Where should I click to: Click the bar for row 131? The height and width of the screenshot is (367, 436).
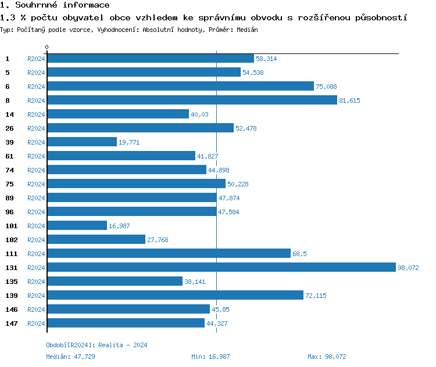coord(221,268)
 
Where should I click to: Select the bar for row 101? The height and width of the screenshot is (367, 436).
coord(77,226)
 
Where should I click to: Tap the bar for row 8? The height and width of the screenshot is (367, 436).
coord(192,100)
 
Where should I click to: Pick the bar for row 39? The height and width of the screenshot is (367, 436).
coord(81,142)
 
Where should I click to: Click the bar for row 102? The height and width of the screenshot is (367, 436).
coord(96,240)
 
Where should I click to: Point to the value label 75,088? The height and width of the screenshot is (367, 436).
coord(326,87)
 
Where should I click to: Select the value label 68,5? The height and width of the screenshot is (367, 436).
coord(299,254)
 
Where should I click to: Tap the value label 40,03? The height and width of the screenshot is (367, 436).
coord(199,114)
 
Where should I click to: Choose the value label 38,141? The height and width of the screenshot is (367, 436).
coord(195,282)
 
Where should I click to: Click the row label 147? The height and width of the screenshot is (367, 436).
coord(10,323)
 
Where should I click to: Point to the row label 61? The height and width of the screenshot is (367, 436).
coord(9,156)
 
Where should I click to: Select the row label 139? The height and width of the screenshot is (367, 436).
coord(10,296)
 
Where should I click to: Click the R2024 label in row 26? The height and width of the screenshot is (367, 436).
coord(36,128)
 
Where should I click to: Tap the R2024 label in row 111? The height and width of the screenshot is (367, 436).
coord(36,254)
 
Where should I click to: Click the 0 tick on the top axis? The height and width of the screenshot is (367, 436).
coord(47,47)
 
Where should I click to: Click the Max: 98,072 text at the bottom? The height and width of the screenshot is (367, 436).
coord(327,357)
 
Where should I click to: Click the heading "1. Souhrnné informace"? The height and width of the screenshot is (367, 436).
coord(55,5)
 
